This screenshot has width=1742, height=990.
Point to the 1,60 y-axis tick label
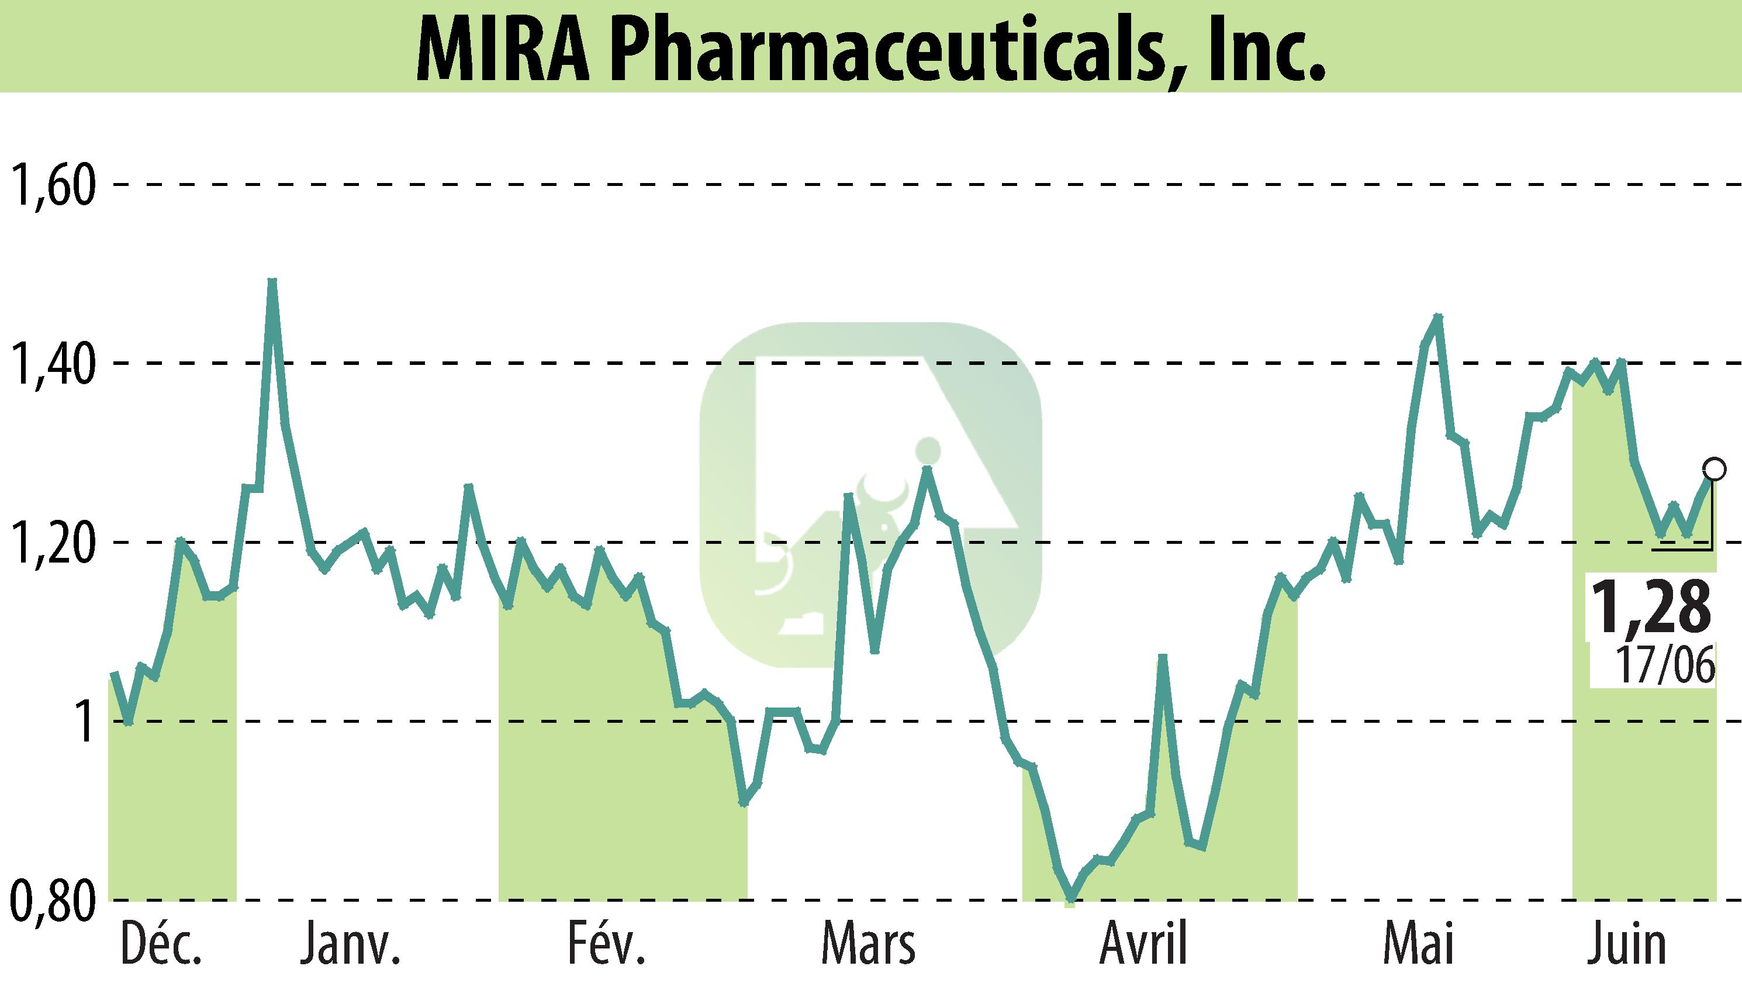click(x=51, y=184)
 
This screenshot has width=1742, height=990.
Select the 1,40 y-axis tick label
click(x=51, y=364)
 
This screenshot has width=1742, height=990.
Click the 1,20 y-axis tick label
click(x=51, y=543)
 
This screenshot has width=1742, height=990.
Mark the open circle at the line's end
click(x=1713, y=468)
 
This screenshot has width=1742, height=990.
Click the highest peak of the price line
click(x=272, y=281)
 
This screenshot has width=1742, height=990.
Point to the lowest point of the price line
click(x=1070, y=902)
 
